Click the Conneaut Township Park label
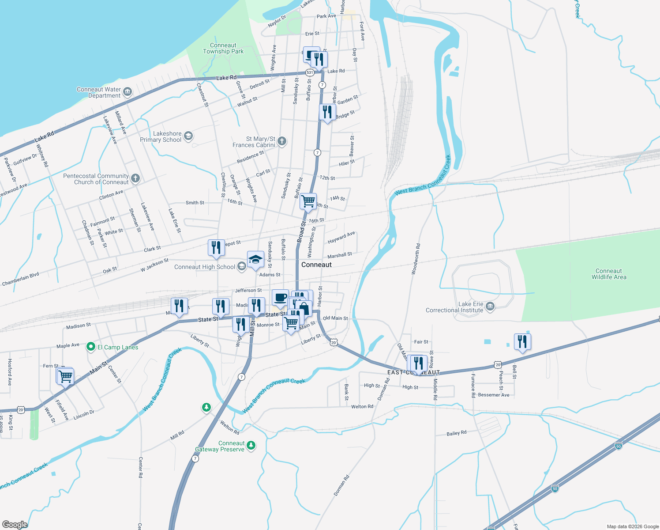(x=223, y=49)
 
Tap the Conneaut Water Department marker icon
(x=127, y=92)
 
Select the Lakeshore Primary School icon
(x=188, y=136)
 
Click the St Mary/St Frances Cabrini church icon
(x=282, y=141)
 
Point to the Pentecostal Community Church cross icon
(x=135, y=178)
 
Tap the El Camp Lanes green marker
(x=91, y=347)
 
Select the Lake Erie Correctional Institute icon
(x=490, y=306)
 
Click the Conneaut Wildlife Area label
(x=608, y=274)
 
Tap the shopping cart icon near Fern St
(x=65, y=377)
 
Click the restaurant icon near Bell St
(x=522, y=342)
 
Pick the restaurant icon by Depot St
(x=216, y=248)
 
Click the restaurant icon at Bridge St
(x=327, y=112)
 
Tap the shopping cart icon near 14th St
(x=308, y=201)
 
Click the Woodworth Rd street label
(x=416, y=259)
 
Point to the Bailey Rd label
(x=456, y=433)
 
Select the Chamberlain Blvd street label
(x=21, y=279)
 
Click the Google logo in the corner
(x=15, y=524)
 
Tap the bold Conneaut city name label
(x=316, y=265)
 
